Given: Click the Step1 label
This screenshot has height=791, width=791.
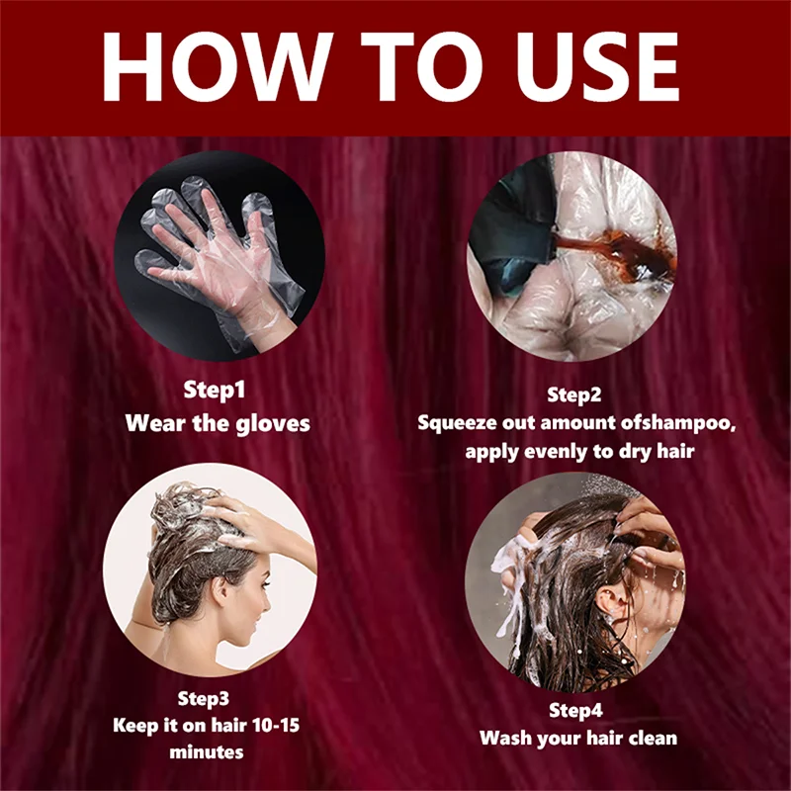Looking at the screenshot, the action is tap(215, 391).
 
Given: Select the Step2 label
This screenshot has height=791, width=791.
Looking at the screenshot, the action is tap(574, 395).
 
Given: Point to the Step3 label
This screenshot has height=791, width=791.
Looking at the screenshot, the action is tap(204, 699).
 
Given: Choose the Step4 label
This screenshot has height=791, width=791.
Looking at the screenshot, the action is tap(575, 711).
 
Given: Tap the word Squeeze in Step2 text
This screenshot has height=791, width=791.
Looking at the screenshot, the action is tap(457, 423).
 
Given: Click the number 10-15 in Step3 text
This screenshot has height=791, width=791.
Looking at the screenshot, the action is tap(276, 726).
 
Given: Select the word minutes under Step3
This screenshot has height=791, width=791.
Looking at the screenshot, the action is tap(207, 752).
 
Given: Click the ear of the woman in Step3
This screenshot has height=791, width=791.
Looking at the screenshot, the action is tap(220, 590).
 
